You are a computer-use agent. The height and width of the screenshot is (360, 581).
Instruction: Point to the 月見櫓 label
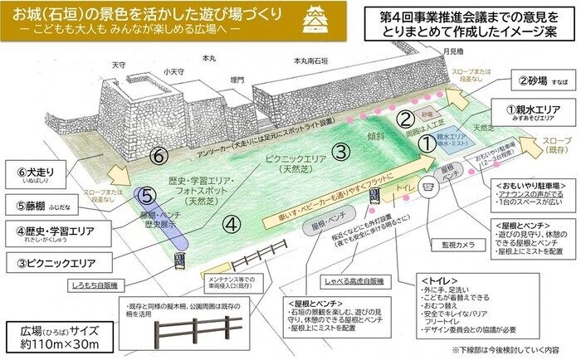click(452, 51)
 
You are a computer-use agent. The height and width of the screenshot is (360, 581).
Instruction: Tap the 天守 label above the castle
click(118, 64)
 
